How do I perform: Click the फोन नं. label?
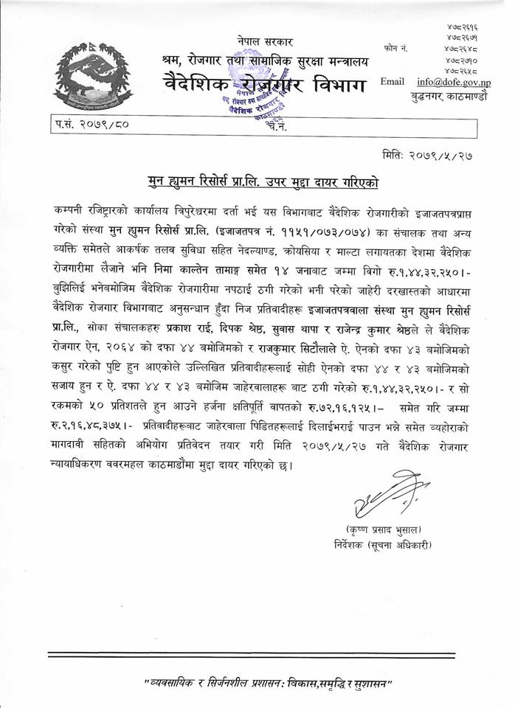[x=397, y=47]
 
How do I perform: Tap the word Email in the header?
[x=393, y=81]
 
